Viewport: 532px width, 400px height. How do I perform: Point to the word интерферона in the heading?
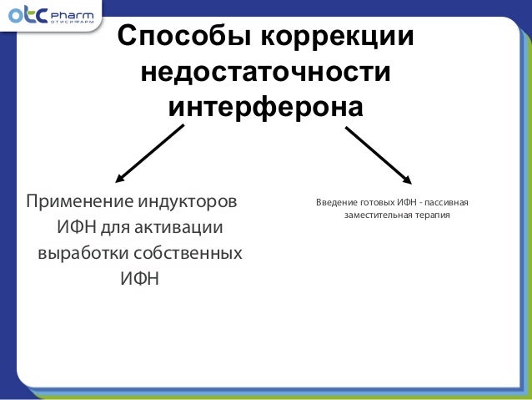[x=266, y=109]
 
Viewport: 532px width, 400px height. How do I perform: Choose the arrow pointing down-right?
[x=378, y=154]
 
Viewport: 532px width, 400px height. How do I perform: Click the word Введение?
[x=334, y=203]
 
